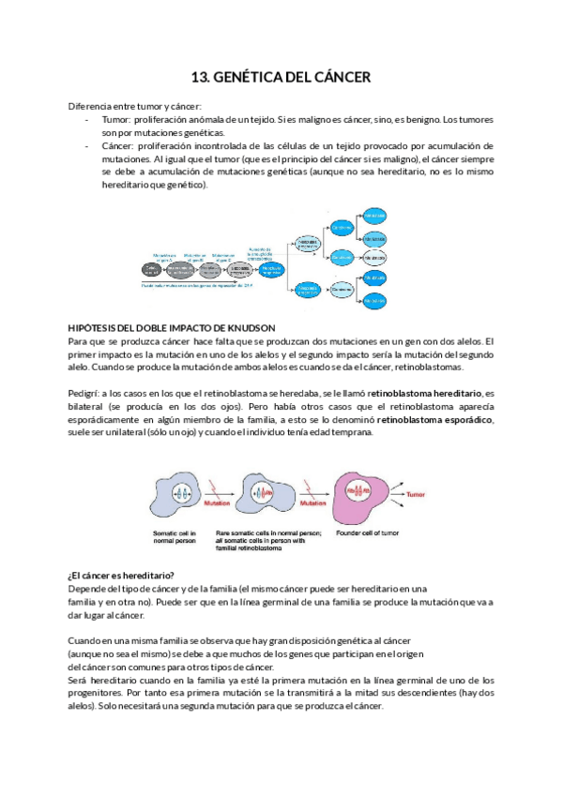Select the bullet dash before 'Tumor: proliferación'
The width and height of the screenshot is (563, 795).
87,121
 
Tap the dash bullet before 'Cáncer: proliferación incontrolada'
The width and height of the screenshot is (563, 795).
87,147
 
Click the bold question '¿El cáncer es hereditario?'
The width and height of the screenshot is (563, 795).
121,575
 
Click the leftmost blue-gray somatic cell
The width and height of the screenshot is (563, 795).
180,490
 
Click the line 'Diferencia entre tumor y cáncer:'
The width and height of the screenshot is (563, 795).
129,107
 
